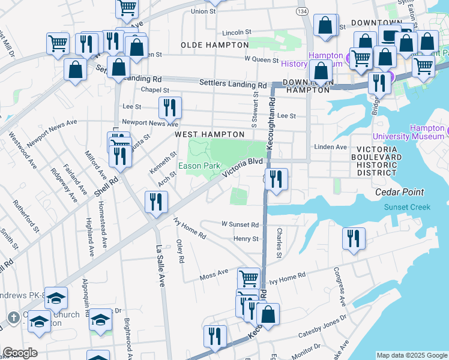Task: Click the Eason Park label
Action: coord(199,166)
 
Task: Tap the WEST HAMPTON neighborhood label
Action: coord(209,135)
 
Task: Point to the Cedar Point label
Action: coord(399,193)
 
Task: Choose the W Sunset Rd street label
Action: coord(240,225)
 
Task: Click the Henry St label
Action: coord(246,239)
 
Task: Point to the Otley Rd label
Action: coord(180,251)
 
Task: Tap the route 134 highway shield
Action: coord(301,11)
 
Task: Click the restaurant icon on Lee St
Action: coord(170,108)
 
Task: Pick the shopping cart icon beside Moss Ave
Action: coord(249,278)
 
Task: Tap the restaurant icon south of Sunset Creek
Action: coord(354,238)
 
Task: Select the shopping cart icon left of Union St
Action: coord(127,8)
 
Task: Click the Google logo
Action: coord(20,353)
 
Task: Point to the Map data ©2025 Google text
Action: coord(411,355)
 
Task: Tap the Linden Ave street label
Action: coord(330,147)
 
